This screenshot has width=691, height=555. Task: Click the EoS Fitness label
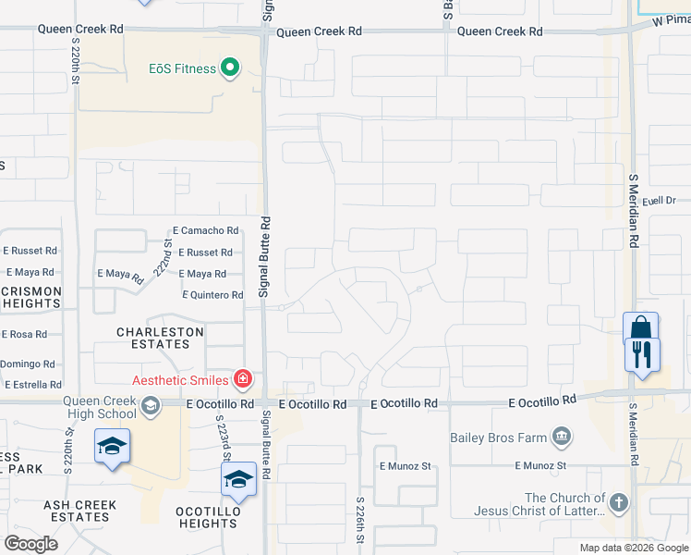[182, 68]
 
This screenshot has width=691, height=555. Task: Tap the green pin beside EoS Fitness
[229, 68]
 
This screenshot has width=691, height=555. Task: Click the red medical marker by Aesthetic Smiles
[243, 378]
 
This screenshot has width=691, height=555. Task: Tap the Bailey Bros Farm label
[500, 437]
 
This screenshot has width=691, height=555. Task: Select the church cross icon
[618, 503]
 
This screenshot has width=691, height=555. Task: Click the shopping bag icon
[641, 329]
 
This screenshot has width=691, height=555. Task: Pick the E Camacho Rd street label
[205, 230]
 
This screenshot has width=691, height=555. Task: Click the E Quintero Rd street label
[212, 295]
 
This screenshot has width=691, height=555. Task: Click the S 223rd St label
[224, 438]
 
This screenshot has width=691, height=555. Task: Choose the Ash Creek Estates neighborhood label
[80, 511]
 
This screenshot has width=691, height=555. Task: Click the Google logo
[30, 543]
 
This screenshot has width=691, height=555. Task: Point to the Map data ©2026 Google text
[633, 548]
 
